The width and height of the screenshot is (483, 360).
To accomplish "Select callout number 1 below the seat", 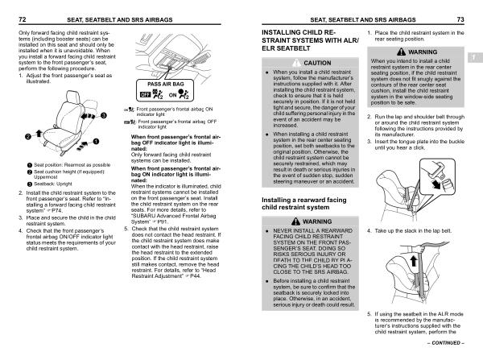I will point(97,142).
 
